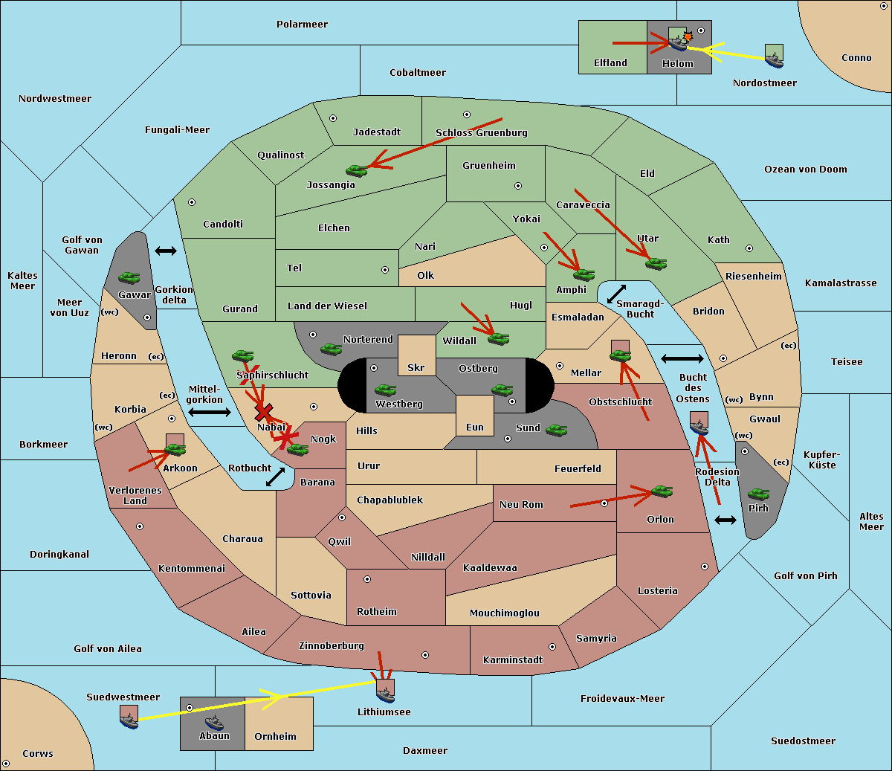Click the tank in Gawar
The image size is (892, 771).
pos(129,277)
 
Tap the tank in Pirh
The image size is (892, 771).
pos(758,494)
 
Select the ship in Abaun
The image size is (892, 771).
pos(214,723)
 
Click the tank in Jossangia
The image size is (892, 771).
pos(357,170)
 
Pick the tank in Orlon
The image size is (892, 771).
pos(662,491)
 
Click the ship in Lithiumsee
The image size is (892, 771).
pos(385,695)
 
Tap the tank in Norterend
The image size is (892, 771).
pos(331,349)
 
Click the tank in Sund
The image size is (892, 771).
pos(556,430)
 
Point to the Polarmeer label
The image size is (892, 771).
pos(302,25)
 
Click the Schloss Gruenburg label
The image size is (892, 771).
pos(482,132)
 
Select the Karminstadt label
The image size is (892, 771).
pos(513,659)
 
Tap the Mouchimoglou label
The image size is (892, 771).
pos(505,613)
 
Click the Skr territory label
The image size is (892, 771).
pos(416,367)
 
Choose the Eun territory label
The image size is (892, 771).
pos(475,427)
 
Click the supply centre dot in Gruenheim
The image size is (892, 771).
pos(518,186)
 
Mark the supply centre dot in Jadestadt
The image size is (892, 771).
pos(333,118)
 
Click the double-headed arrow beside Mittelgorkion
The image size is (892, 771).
pos(210,412)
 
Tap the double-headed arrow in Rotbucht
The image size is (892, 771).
pos(275,477)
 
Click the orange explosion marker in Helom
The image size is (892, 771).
pos(688,36)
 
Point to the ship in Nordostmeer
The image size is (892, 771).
pos(775,59)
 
